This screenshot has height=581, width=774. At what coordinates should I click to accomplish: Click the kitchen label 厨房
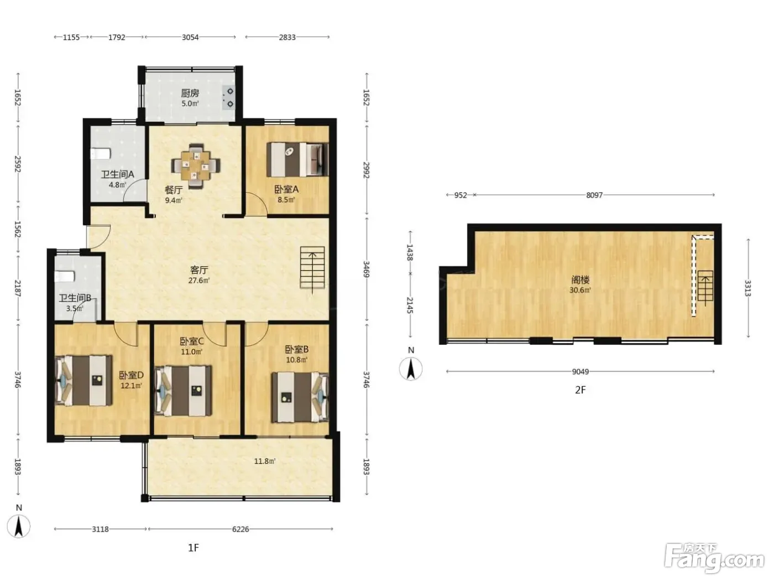pyautogui.click(x=190, y=93)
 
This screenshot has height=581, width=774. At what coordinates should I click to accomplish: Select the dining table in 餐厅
pyautogui.click(x=196, y=165)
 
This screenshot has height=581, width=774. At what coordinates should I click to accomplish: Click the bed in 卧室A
pyautogui.click(x=297, y=159)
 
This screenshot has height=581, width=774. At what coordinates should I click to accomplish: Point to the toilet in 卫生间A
pyautogui.click(x=101, y=154)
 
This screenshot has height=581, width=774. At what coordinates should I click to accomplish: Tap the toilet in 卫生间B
pyautogui.click(x=64, y=276)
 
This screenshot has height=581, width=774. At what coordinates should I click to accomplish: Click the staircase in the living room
pyautogui.click(x=312, y=268)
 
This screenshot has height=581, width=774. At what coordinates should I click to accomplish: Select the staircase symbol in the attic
pyautogui.click(x=705, y=286)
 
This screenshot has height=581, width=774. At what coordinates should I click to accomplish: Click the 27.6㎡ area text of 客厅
pyautogui.click(x=199, y=281)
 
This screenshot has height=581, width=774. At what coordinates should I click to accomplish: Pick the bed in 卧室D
pyautogui.click(x=83, y=380)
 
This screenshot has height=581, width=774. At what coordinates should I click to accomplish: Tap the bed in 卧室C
pyautogui.click(x=184, y=391)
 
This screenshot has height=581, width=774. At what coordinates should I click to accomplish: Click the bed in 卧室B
pyautogui.click(x=300, y=397)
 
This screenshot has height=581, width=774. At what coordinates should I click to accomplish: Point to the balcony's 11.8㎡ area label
pyautogui.click(x=265, y=461)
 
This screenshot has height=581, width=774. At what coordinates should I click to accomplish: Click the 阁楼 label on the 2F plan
pyautogui.click(x=580, y=280)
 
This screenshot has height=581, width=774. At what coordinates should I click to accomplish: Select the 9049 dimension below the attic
pyautogui.click(x=580, y=371)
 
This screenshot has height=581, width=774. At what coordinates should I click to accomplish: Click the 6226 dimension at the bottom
pyautogui.click(x=240, y=529)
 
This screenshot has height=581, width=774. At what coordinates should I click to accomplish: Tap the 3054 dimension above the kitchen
pyautogui.click(x=190, y=37)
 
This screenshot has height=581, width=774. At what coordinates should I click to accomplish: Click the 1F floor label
pyautogui.click(x=193, y=548)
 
